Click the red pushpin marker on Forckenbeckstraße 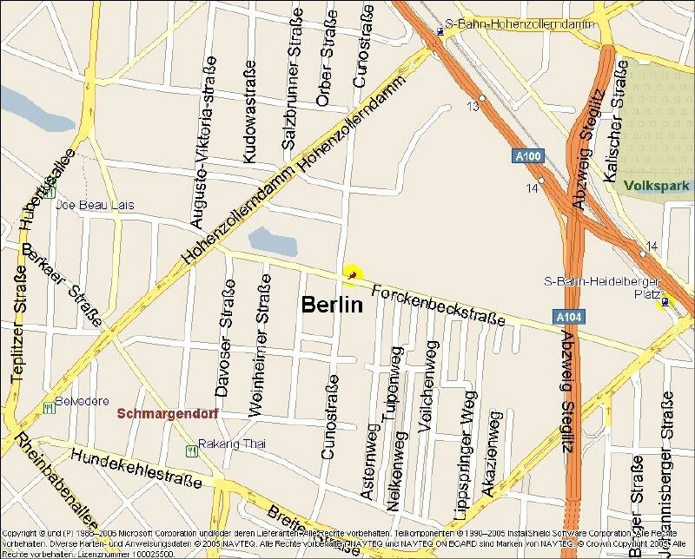pyautogui.click(x=352, y=274)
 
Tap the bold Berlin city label pyautogui.click(x=330, y=305)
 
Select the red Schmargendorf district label pyautogui.click(x=166, y=413)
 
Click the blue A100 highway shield pyautogui.click(x=526, y=156)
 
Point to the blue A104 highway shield pyautogui.click(x=565, y=319)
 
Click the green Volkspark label pyautogui.click(x=656, y=185)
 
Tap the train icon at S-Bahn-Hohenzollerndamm pyautogui.click(x=440, y=32)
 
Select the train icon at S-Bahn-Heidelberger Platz pyautogui.click(x=665, y=301)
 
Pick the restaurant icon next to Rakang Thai pyautogui.click(x=190, y=450)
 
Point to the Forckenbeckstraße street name pyautogui.click(x=438, y=305)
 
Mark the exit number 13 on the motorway pyautogui.click(x=473, y=106)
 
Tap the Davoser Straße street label pyautogui.click(x=225, y=339)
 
